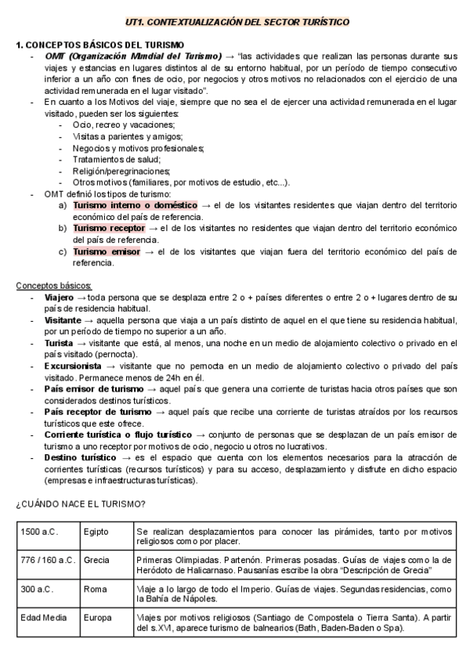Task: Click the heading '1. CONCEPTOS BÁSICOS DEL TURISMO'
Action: point(99,45)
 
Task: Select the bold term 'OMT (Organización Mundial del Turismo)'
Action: point(132,57)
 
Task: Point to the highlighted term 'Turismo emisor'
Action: point(106,251)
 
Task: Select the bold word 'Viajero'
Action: point(59,298)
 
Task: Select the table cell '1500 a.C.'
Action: point(39,531)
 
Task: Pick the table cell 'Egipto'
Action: point(96,531)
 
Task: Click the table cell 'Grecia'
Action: point(96,560)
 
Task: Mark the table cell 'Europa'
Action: point(97,617)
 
